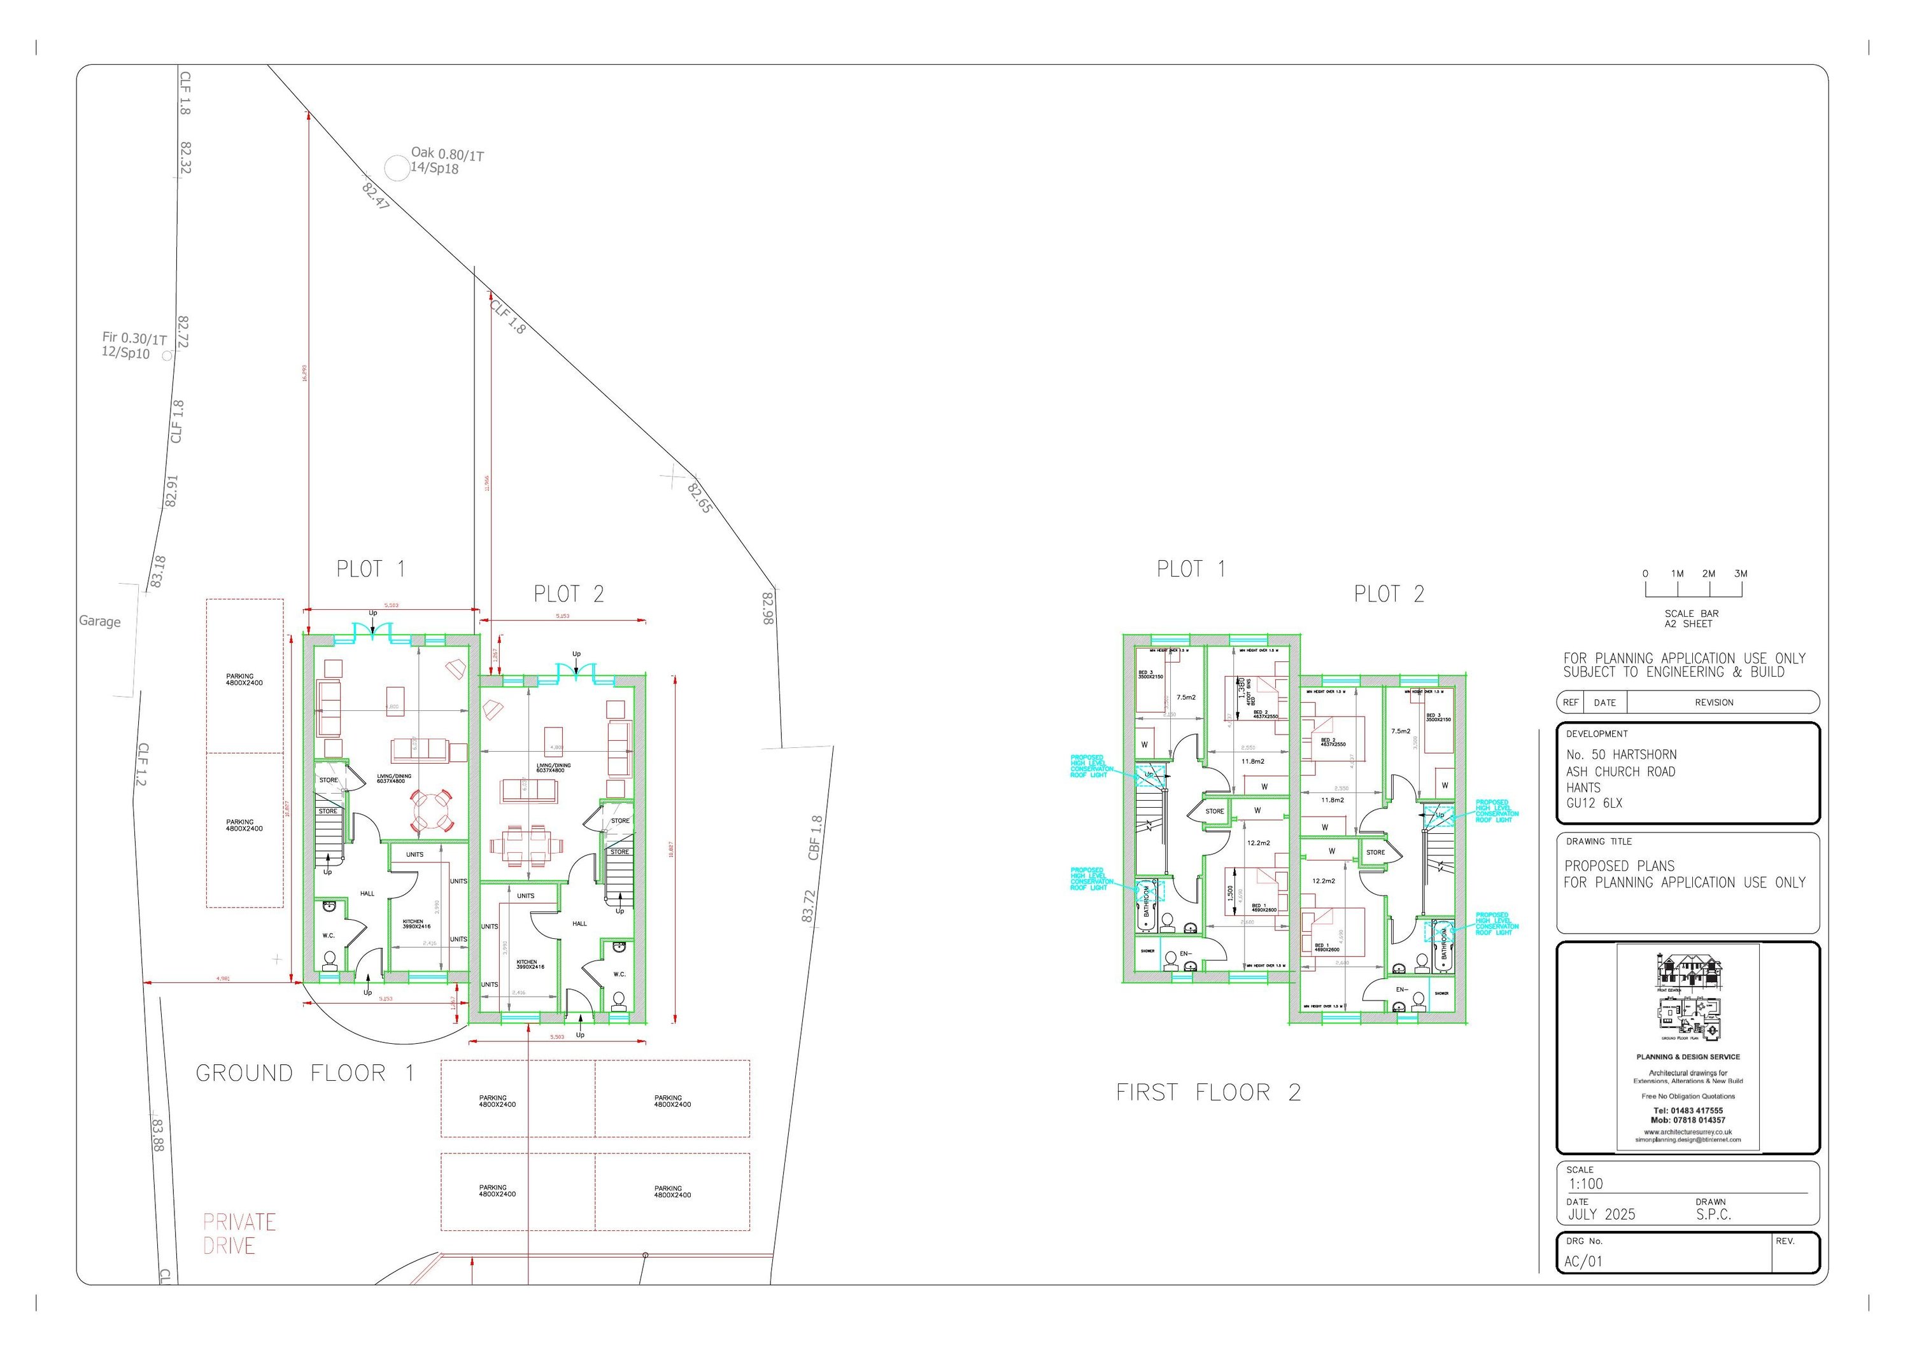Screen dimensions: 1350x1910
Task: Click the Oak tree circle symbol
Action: tap(398, 169)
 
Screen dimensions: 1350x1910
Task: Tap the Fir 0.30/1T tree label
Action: tap(134, 339)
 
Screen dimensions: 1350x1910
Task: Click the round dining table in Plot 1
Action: tap(430, 810)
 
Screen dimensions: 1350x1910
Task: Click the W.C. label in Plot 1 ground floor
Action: tap(329, 936)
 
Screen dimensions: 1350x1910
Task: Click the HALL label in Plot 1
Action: tap(367, 894)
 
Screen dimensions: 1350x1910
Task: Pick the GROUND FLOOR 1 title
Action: tap(304, 1073)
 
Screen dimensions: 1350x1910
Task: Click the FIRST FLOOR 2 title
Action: tap(1208, 1092)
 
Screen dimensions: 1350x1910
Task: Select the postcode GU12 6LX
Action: tap(1594, 803)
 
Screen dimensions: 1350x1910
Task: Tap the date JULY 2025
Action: tap(1601, 1214)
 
